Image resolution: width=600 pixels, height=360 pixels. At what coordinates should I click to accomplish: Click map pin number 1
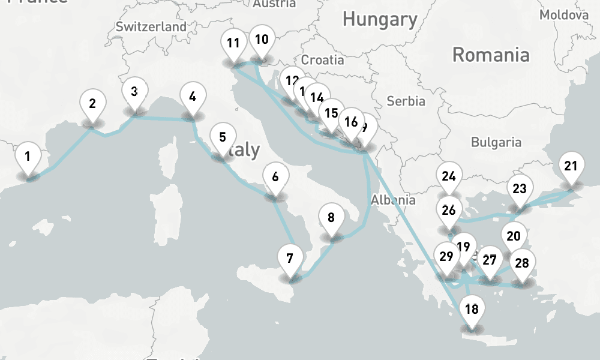(28, 157)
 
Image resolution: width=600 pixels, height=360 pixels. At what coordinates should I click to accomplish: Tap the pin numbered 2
(92, 104)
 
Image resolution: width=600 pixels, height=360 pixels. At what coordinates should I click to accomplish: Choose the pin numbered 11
(233, 44)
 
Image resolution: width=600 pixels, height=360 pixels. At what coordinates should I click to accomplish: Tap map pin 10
(261, 40)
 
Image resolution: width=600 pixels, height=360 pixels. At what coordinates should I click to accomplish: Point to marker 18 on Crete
(472, 310)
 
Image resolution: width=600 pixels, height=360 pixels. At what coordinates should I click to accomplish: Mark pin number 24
(449, 176)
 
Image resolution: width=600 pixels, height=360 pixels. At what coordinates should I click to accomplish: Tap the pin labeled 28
(522, 263)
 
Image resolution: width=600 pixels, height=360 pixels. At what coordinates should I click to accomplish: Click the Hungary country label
(379, 19)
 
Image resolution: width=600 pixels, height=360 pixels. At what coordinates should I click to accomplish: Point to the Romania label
(491, 55)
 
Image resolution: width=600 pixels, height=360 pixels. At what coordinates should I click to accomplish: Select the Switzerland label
(151, 27)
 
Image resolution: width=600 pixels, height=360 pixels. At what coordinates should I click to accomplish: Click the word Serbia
(406, 101)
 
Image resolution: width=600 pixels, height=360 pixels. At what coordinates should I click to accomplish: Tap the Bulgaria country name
(496, 142)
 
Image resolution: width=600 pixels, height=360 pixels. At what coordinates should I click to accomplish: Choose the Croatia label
(323, 60)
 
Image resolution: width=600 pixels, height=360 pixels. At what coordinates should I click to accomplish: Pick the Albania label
(393, 200)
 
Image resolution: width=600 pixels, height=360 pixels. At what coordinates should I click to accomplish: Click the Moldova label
(564, 15)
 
